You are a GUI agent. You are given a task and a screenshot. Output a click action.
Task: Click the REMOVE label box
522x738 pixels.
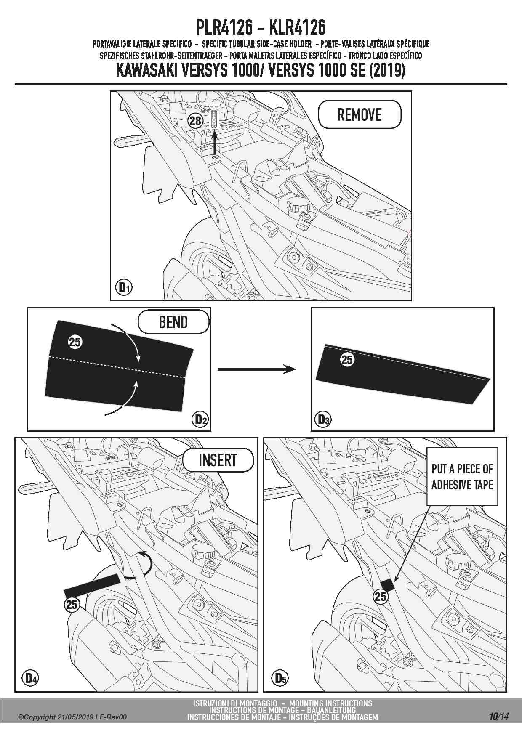click(360, 114)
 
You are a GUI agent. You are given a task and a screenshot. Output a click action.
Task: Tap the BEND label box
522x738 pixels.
click(173, 322)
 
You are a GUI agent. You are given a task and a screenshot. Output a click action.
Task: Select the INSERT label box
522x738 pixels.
click(218, 460)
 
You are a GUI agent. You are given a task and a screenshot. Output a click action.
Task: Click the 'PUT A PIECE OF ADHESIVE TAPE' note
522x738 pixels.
click(462, 476)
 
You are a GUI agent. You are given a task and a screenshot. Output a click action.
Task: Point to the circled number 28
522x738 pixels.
click(195, 121)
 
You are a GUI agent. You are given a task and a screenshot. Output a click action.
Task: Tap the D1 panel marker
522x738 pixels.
click(124, 288)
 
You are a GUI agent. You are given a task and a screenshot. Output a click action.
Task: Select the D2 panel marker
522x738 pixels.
click(201, 419)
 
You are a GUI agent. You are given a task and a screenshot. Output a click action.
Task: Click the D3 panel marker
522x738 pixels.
click(323, 419)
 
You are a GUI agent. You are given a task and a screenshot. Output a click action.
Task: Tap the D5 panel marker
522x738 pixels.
click(280, 678)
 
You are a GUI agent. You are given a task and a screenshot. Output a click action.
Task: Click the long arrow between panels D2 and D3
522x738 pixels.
click(256, 369)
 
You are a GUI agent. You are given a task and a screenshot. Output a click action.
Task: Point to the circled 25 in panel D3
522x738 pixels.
click(347, 360)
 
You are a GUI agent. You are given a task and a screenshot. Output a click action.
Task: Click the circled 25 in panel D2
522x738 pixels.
click(75, 342)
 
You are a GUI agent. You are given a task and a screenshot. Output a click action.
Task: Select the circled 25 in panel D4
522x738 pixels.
click(72, 605)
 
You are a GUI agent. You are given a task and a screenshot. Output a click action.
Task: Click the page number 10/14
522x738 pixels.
click(499, 717)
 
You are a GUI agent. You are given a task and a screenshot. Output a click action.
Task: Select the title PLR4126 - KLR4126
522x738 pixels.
click(261, 27)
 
